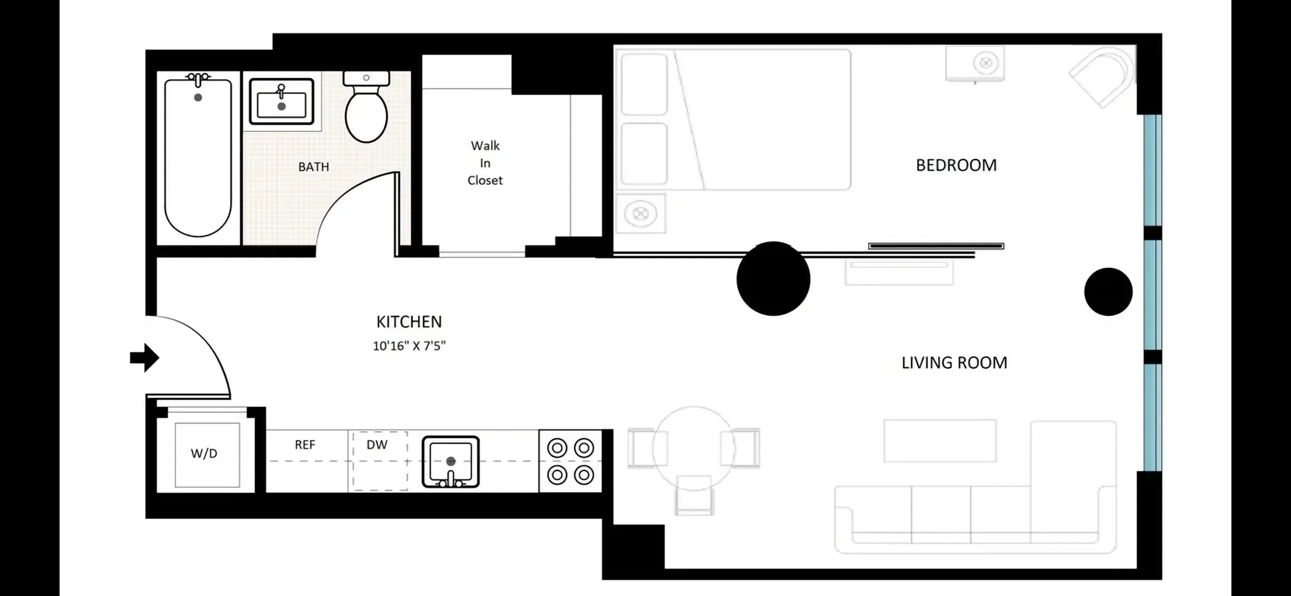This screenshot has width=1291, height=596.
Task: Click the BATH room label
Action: click(x=313, y=167)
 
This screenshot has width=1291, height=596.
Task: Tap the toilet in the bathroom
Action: click(x=366, y=113)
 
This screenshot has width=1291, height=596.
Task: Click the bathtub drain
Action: click(x=198, y=97)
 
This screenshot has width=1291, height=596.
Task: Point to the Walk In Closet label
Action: click(x=485, y=163)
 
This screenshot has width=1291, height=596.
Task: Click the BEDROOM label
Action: click(x=956, y=166)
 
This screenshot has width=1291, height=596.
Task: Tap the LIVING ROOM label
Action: click(x=954, y=363)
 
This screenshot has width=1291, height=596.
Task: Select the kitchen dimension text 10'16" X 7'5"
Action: click(x=409, y=346)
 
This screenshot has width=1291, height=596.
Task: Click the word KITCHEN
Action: click(x=409, y=322)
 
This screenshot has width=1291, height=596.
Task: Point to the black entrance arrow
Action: click(x=145, y=358)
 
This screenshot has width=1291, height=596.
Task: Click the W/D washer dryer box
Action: click(x=204, y=454)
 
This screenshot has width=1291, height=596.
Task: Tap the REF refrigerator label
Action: click(x=305, y=445)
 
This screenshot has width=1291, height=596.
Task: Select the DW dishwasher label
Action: click(x=377, y=445)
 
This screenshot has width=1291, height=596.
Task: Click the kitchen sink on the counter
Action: click(x=450, y=461)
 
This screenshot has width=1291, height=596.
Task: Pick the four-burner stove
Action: click(x=570, y=461)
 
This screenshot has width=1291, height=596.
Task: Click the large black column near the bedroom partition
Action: click(x=773, y=279)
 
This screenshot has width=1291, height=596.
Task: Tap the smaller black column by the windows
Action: click(x=1108, y=292)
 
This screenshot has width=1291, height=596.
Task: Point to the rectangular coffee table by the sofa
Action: click(x=940, y=441)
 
